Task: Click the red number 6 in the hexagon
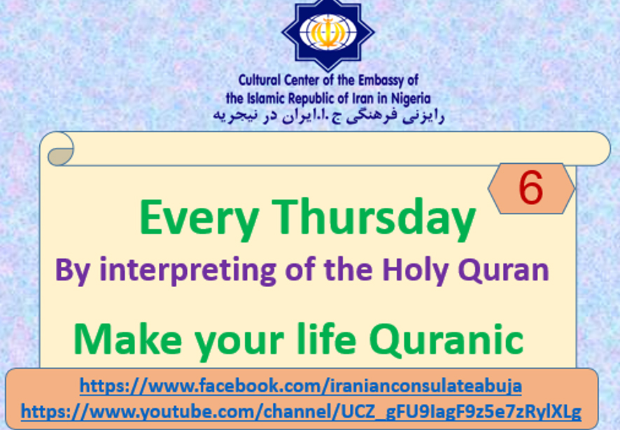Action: [530, 188]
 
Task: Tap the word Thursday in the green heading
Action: [374, 219]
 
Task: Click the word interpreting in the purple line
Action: [188, 270]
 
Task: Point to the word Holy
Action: [415, 271]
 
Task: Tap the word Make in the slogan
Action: [127, 340]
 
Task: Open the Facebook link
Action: [300, 386]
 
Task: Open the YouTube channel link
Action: [301, 412]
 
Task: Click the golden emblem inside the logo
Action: [327, 32]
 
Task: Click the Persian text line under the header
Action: [329, 116]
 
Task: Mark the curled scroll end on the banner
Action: [60, 149]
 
